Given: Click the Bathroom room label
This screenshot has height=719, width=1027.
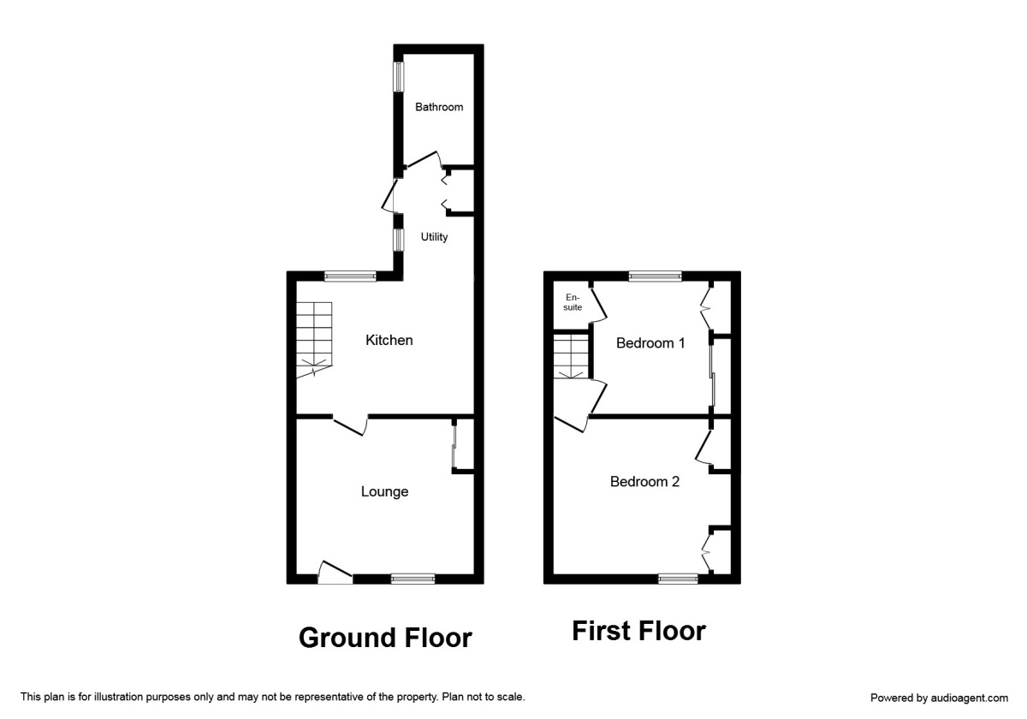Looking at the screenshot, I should (x=439, y=107).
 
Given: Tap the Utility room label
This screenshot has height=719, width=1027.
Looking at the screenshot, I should (x=434, y=237).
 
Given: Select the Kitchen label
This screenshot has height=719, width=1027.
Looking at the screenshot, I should (x=389, y=340).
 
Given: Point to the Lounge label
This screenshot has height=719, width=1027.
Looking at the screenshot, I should (x=384, y=491).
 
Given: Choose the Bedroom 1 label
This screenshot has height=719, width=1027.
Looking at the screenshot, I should (x=651, y=343).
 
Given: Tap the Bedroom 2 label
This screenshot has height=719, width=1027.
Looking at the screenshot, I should (x=644, y=482).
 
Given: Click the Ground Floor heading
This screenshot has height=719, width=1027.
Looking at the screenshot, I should (x=385, y=638).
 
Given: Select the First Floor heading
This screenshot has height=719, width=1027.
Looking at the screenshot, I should (x=638, y=632).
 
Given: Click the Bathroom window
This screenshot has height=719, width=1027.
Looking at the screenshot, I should (x=398, y=76).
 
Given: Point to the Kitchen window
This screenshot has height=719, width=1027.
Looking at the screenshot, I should (x=350, y=276).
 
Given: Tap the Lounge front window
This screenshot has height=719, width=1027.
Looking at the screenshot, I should (x=413, y=579).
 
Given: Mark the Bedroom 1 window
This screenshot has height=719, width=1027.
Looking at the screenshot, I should (x=655, y=276).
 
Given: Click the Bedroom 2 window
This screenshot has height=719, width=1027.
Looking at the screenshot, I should (x=678, y=579).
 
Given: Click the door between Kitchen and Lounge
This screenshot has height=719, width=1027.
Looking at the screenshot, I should (x=350, y=424).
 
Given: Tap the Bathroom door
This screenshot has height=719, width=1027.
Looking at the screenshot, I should (x=422, y=161).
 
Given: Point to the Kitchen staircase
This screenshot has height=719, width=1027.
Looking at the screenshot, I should (x=314, y=339).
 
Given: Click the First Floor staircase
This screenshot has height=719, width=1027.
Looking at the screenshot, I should (x=570, y=356).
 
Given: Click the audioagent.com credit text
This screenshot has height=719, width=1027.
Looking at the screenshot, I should (x=939, y=698).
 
